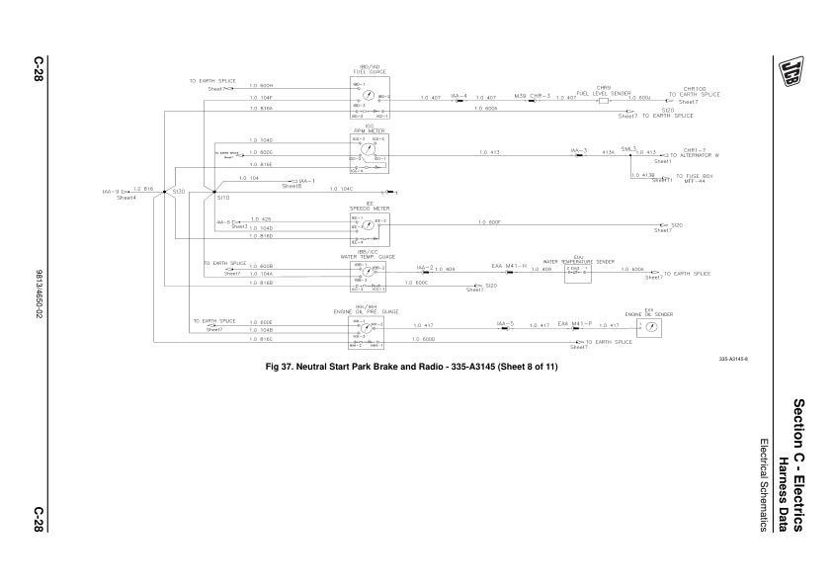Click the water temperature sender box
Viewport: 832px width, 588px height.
tap(577, 273)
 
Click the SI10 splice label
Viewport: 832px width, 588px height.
tap(222, 198)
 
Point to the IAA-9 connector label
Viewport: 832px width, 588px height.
tap(110, 192)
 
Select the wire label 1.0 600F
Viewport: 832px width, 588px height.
tap(490, 221)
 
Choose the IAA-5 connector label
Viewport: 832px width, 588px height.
tap(505, 322)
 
